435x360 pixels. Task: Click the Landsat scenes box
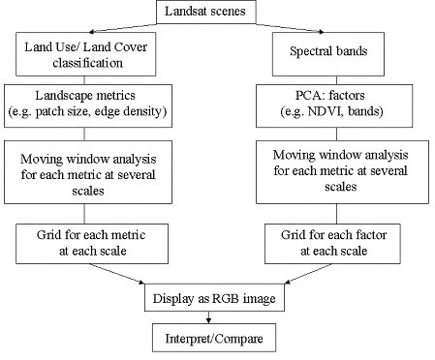point(211,14)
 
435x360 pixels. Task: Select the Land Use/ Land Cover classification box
point(83,54)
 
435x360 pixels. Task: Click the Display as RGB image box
point(214,300)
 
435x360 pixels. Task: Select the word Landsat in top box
point(193,14)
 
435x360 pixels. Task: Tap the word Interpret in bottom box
point(190,339)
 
